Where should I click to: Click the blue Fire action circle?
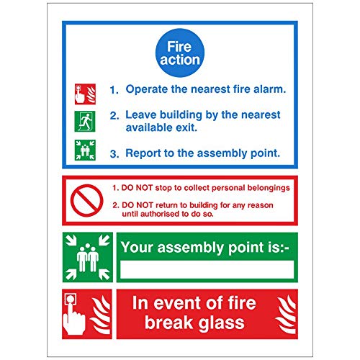(179, 53)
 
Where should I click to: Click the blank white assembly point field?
(207, 271)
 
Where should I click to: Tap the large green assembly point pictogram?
(87, 256)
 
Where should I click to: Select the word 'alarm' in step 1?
(267, 90)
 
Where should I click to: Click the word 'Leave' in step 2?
(142, 114)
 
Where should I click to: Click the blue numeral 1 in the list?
(113, 91)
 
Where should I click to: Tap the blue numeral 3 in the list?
(113, 153)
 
